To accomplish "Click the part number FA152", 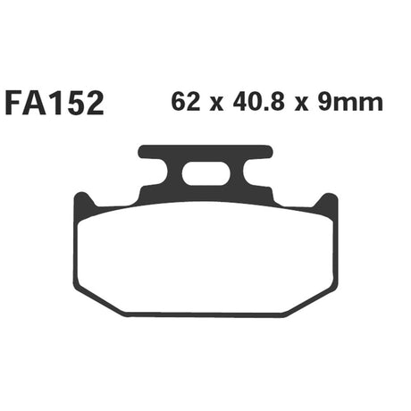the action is tap(55, 104).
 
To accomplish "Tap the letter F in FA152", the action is tap(13, 104).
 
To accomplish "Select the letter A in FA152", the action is tap(34, 104).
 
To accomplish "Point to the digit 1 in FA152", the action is tap(55, 104).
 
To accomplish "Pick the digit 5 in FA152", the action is tap(74, 104).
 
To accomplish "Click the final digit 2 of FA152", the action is tap(95, 104).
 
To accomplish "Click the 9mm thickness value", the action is tap(350, 103).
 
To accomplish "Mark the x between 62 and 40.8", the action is tap(216, 105).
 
